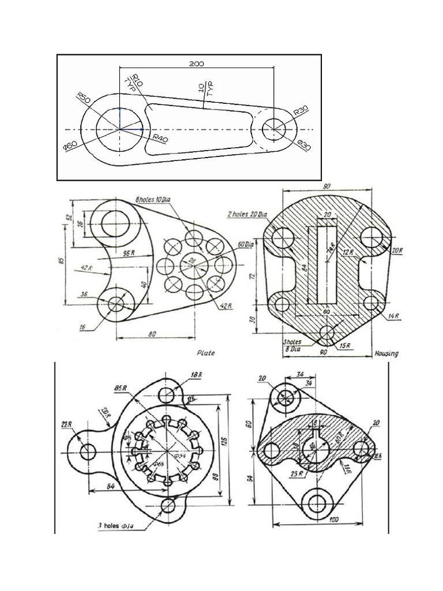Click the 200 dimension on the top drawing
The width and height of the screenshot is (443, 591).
click(x=197, y=63)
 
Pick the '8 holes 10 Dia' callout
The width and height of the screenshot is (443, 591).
click(x=154, y=199)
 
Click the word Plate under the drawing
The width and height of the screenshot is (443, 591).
click(x=206, y=352)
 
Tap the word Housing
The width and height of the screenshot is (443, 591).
click(x=386, y=353)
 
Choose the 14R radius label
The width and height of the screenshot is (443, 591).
click(x=393, y=316)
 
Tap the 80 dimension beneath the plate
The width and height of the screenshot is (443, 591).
click(x=152, y=333)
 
